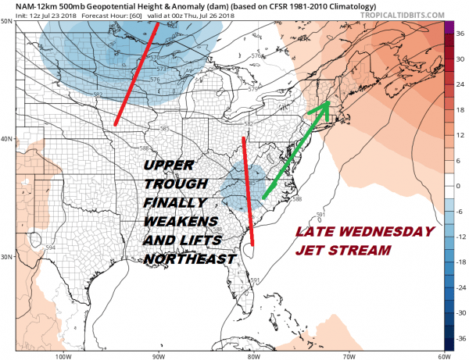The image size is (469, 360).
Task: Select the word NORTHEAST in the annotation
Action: point(189,258)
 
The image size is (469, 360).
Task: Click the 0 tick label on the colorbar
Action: point(460,186)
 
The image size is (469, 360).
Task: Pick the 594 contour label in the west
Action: point(51,247)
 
